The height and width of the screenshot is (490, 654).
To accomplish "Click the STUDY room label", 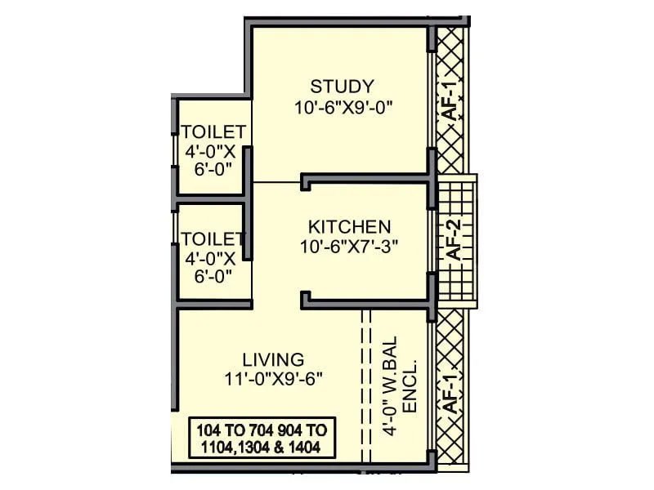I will [x=342, y=86].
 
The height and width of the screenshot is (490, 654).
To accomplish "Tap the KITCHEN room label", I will [x=349, y=226].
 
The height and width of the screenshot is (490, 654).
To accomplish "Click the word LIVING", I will [x=273, y=359].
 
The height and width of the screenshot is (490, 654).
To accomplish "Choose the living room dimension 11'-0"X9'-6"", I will [x=273, y=378].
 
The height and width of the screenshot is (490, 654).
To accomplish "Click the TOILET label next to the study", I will [x=213, y=132].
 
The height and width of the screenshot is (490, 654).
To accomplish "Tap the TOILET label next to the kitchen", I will [x=213, y=239].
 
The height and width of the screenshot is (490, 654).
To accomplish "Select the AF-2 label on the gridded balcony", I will [x=455, y=241].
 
